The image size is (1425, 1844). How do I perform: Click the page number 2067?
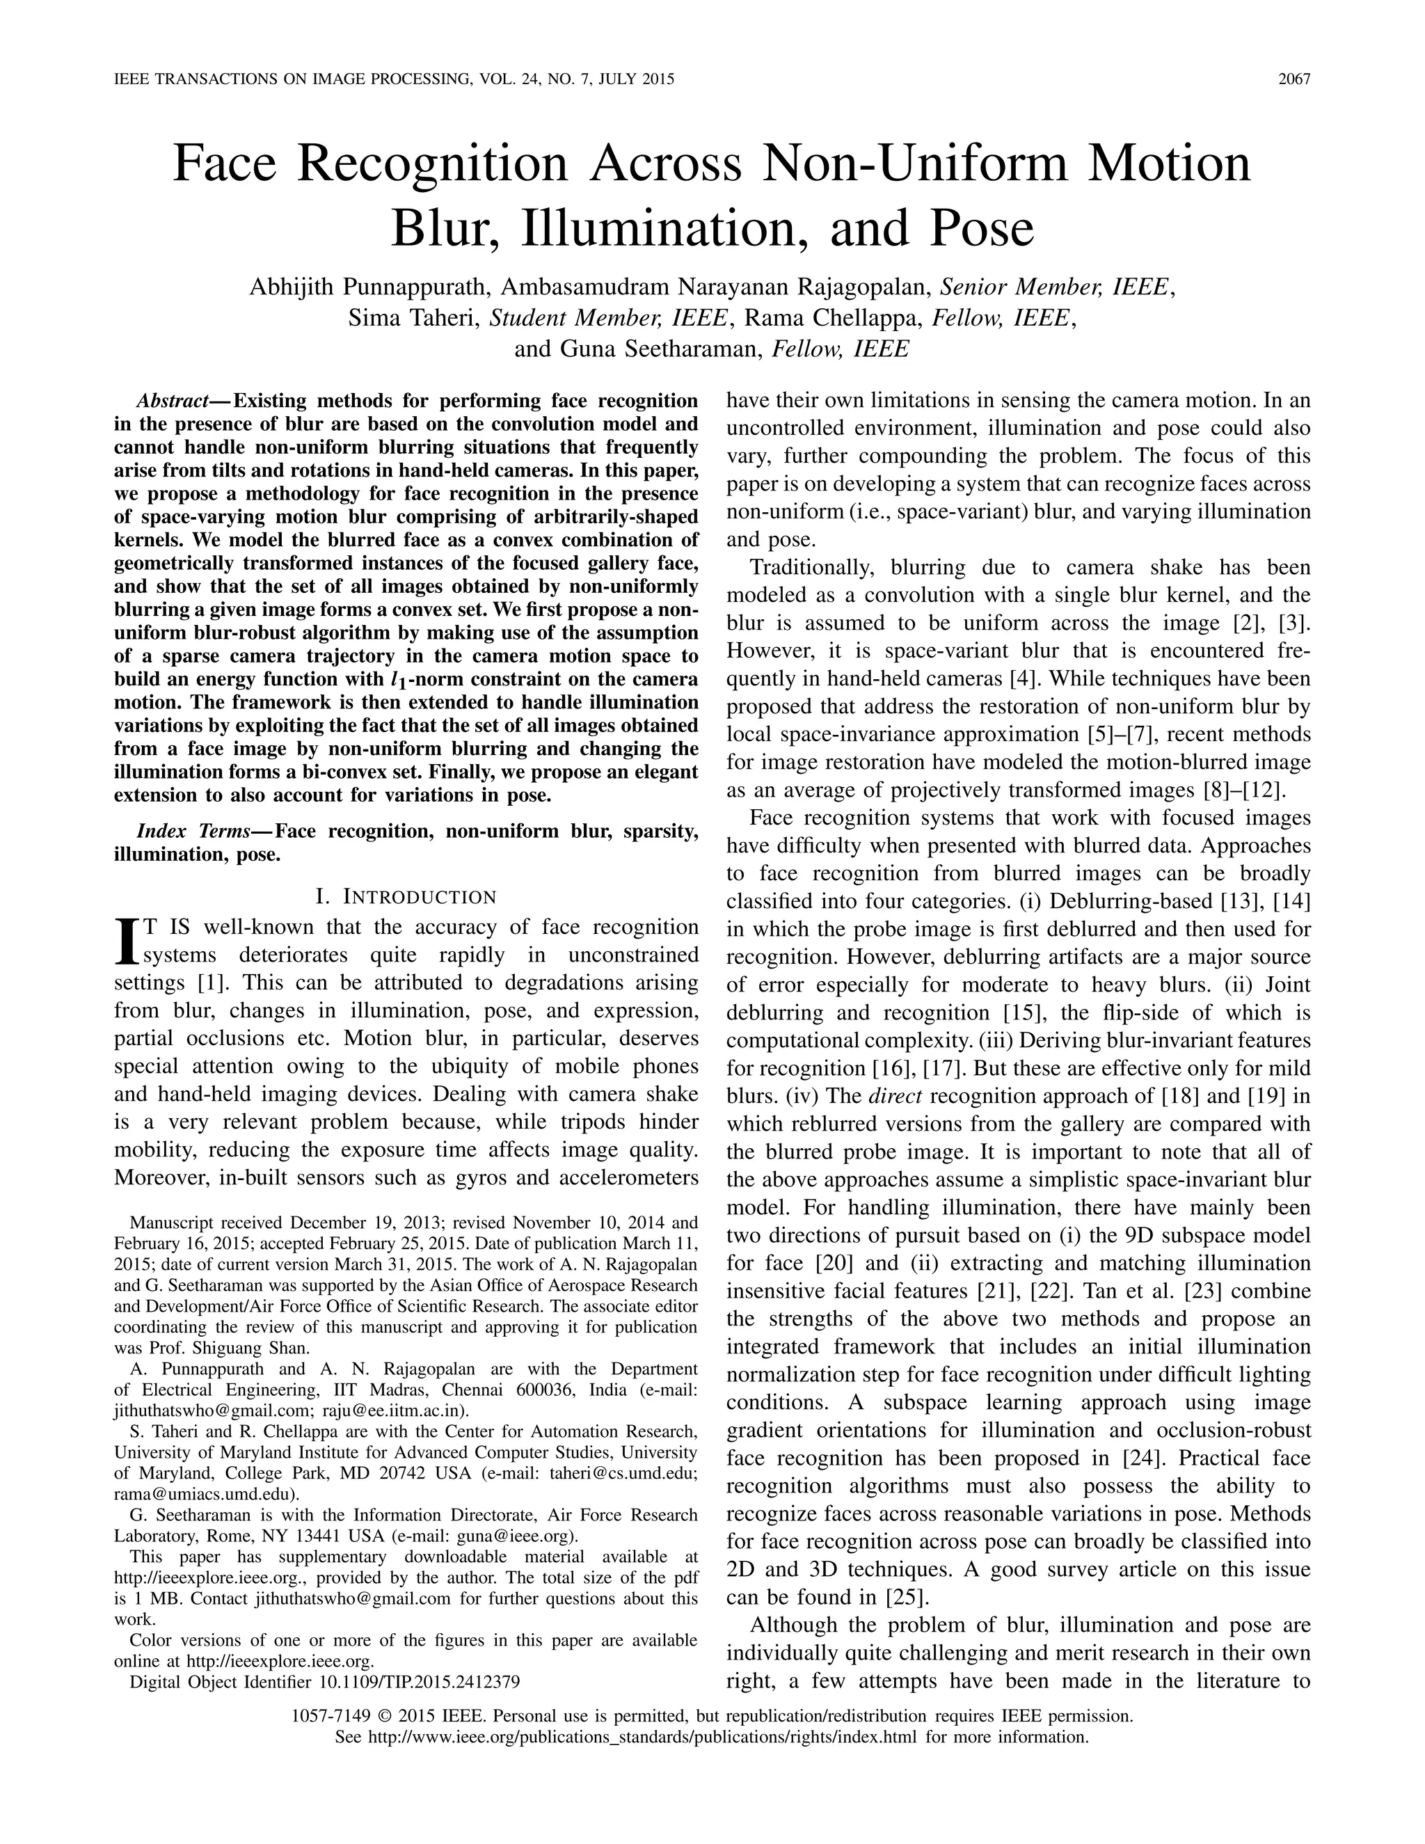(x=1293, y=80)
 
